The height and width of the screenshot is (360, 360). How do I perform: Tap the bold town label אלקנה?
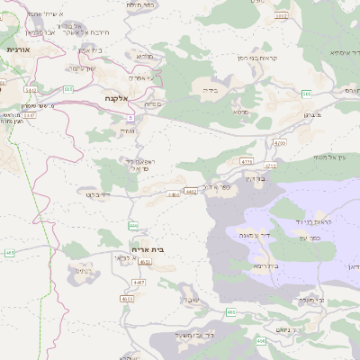tap(117, 96)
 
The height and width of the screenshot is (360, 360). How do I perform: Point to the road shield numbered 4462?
tap(190, 191)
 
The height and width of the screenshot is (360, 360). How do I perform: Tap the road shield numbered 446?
tap(133, 225)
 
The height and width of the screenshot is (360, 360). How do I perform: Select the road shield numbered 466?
tap(261, 340)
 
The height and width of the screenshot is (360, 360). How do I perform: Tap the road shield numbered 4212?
tap(272, 166)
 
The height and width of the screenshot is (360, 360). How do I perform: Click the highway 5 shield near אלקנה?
tap(130, 118)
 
